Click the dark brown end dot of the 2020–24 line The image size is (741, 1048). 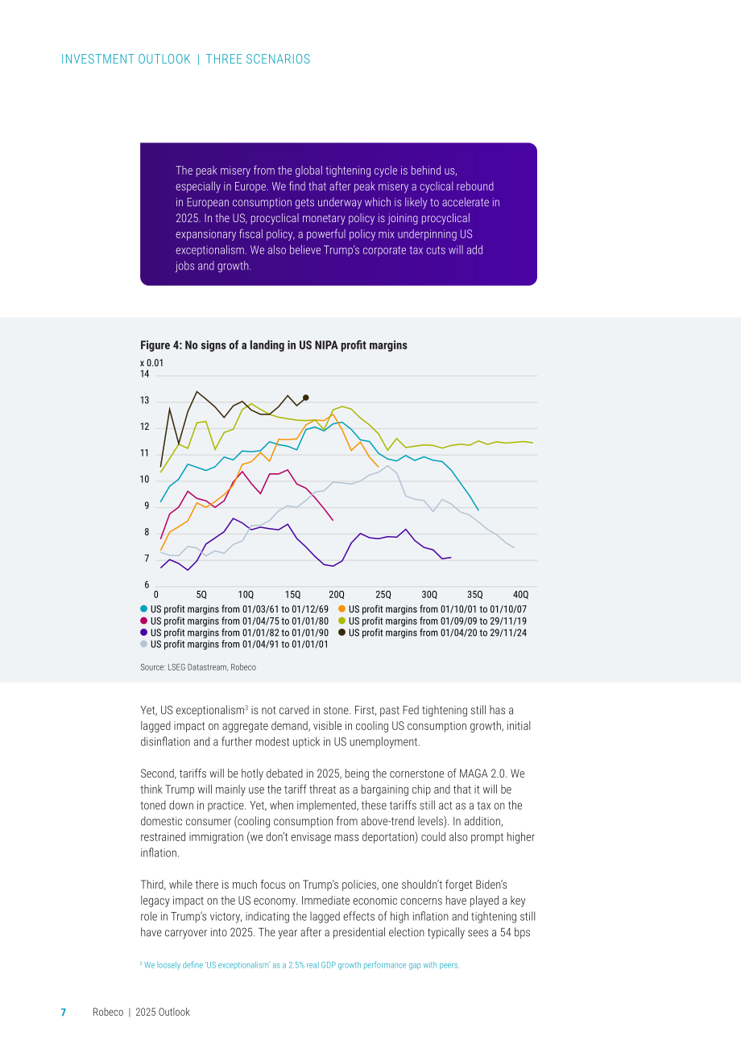(306, 398)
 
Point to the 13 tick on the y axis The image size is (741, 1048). (145, 401)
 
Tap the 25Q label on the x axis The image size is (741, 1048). (383, 595)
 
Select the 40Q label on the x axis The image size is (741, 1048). (520, 595)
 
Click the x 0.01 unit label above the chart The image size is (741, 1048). (151, 363)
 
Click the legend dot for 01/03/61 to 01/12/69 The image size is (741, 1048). (144, 609)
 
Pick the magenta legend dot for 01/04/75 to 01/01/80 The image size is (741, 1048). (144, 621)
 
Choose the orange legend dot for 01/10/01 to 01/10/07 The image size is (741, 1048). (342, 609)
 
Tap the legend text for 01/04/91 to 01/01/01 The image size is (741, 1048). (239, 644)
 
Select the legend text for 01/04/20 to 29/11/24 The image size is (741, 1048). (437, 633)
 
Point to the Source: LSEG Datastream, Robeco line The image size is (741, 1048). (198, 667)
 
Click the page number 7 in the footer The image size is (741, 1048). (64, 1013)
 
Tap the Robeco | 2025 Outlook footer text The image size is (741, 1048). (142, 1013)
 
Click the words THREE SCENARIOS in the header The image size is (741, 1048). (258, 60)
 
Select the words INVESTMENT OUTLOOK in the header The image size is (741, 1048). (126, 60)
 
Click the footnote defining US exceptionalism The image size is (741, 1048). (300, 965)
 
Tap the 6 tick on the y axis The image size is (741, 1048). (147, 585)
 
